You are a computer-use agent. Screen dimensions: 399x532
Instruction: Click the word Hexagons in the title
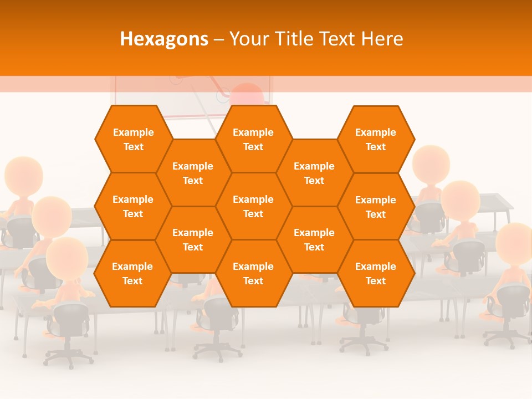(164, 39)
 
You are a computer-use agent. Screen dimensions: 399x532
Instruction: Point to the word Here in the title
(382, 39)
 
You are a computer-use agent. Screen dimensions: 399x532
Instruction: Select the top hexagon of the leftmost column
(133, 139)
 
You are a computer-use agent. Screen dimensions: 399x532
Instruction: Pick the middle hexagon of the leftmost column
(133, 206)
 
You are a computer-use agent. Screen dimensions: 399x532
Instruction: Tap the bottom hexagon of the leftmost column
(132, 273)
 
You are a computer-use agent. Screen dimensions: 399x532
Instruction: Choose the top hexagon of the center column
(253, 139)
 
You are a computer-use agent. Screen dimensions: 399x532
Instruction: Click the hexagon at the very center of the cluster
(253, 206)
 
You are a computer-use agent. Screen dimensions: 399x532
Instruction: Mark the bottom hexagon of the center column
(253, 273)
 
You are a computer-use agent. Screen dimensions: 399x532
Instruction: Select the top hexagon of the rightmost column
(376, 139)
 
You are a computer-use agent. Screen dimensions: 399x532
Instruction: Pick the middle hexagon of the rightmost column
(376, 207)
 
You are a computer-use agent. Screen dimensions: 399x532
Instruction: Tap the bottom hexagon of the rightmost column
(376, 273)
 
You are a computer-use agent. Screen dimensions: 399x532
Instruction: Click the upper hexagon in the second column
(193, 173)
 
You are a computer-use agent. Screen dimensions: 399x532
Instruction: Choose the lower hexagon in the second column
(193, 239)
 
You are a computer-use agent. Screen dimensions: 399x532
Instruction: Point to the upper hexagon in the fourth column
(314, 173)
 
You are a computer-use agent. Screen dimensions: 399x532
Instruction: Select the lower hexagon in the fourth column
(314, 239)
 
